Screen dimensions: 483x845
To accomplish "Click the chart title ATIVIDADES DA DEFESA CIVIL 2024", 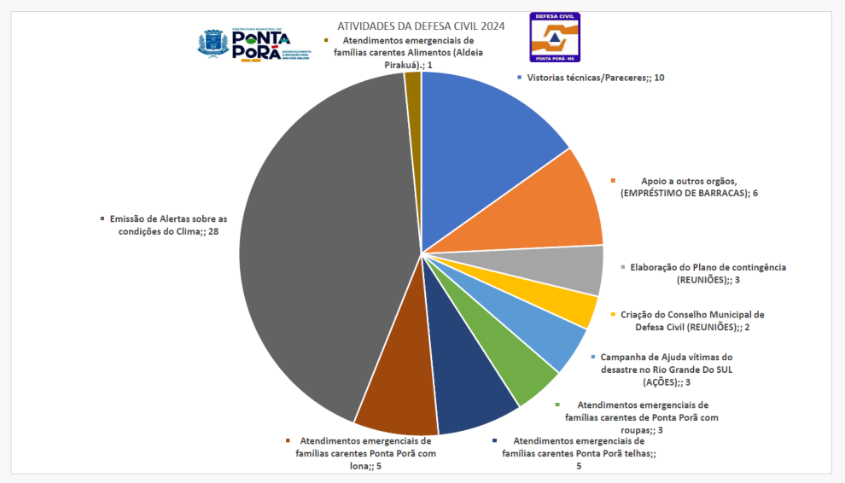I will pos(421,26).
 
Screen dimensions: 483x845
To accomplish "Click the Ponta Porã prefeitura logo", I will pos(253,43).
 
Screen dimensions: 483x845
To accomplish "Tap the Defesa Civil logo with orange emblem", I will pos(554,37).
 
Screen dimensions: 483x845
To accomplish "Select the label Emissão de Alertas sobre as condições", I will pos(164,225).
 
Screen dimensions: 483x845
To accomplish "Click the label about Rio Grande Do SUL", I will pos(666,370).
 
